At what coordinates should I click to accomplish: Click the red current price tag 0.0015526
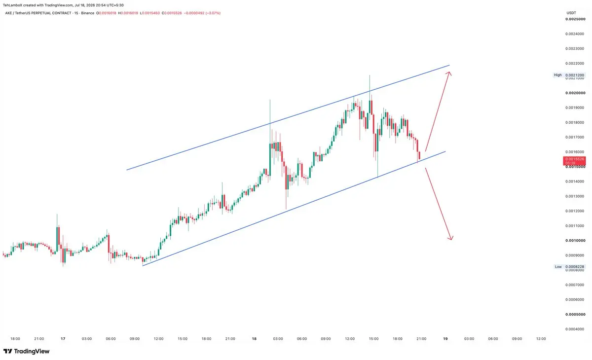point(574,161)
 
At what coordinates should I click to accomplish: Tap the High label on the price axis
point(557,75)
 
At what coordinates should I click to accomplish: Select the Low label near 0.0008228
point(558,267)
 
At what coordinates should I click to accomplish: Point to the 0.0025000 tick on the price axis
point(575,19)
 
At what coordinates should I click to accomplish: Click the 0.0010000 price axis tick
point(575,240)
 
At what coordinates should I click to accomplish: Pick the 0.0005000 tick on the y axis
point(575,314)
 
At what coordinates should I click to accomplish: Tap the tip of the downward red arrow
point(451,240)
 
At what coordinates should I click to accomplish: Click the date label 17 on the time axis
point(63,339)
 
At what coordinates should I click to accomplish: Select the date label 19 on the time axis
point(445,339)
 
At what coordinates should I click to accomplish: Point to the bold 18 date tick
point(254,339)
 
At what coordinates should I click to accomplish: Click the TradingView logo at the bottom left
point(27,351)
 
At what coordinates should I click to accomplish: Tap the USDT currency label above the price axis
point(571,13)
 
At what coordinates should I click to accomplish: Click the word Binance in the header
point(88,13)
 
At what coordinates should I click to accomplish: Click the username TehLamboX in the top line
point(12,5)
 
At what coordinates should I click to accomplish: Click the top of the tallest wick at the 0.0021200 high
point(370,75)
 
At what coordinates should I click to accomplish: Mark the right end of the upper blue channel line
point(449,65)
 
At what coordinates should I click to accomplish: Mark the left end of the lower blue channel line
point(143,266)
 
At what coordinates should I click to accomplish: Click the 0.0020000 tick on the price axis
point(575,93)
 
